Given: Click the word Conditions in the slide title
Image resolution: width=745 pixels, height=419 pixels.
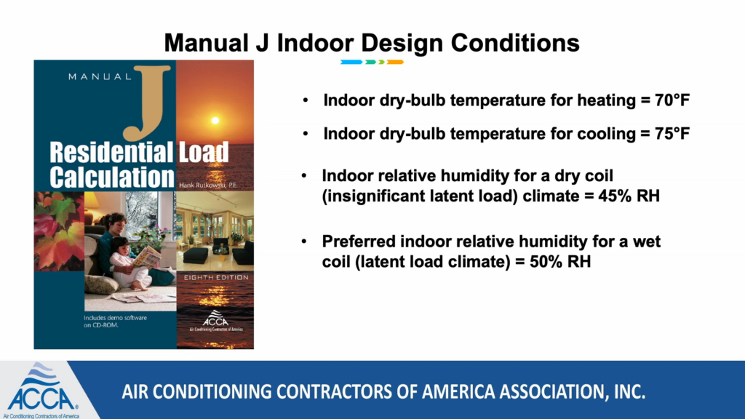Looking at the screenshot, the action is pyautogui.click(x=515, y=43).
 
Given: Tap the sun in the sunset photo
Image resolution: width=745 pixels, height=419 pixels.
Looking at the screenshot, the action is pyautogui.click(x=215, y=121).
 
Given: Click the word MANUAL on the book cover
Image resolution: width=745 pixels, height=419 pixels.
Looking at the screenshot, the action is pyautogui.click(x=100, y=76).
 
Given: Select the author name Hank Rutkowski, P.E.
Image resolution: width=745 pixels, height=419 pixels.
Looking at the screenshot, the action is pyautogui.click(x=208, y=185).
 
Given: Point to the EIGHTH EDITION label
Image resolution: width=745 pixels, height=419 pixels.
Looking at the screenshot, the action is pyautogui.click(x=216, y=277).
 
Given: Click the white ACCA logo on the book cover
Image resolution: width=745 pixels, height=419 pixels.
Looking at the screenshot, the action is pyautogui.click(x=215, y=320).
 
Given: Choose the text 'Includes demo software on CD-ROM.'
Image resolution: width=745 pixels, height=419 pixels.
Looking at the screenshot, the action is pyautogui.click(x=116, y=322).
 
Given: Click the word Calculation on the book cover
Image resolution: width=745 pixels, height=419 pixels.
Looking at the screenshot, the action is pyautogui.click(x=112, y=177).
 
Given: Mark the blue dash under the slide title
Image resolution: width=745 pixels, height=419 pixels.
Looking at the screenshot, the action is pyautogui.click(x=351, y=63).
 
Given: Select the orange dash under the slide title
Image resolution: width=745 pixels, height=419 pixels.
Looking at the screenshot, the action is pyautogui.click(x=395, y=63).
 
